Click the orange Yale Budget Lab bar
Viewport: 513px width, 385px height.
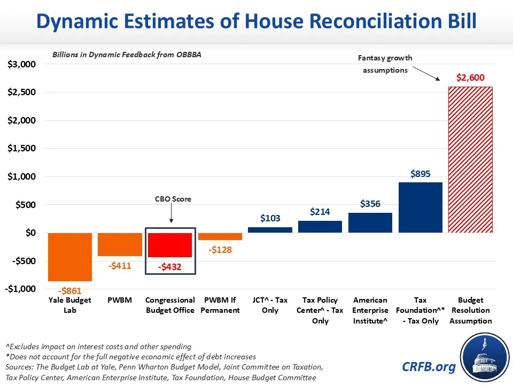pos(69,257)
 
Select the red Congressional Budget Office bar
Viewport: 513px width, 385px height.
pos(170,245)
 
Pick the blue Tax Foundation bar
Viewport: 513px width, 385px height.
pos(421,207)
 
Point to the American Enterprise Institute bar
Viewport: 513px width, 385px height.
pos(370,222)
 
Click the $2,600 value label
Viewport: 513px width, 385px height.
pos(470,78)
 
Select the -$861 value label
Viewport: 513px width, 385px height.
pos(70,291)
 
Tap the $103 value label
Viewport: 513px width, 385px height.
pos(270,218)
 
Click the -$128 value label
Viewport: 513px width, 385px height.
pos(220,250)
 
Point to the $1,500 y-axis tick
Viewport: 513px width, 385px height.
pos(22,149)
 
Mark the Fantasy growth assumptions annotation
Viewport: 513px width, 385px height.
pos(385,64)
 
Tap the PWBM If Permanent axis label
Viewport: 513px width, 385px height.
pos(220,305)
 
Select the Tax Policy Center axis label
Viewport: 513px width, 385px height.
pos(320,310)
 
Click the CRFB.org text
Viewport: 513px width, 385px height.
pos(429,367)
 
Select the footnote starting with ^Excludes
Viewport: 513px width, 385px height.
pos(98,346)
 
